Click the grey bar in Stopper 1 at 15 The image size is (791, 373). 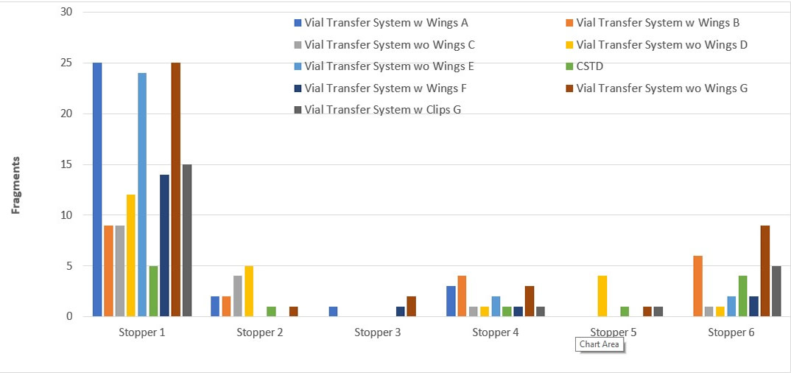click(x=187, y=240)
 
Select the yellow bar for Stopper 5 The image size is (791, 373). click(x=602, y=296)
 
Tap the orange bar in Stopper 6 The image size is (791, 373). click(x=697, y=286)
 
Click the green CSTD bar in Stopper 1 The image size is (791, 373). click(x=153, y=291)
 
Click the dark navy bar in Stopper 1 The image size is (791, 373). click(x=164, y=245)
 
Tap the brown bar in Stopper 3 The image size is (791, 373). click(x=411, y=307)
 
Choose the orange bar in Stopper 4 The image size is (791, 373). click(x=462, y=296)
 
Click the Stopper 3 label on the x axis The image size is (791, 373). click(x=377, y=332)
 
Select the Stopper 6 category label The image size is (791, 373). click(x=731, y=332)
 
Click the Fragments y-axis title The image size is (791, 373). click(x=15, y=185)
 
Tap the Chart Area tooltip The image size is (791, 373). click(x=600, y=344)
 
